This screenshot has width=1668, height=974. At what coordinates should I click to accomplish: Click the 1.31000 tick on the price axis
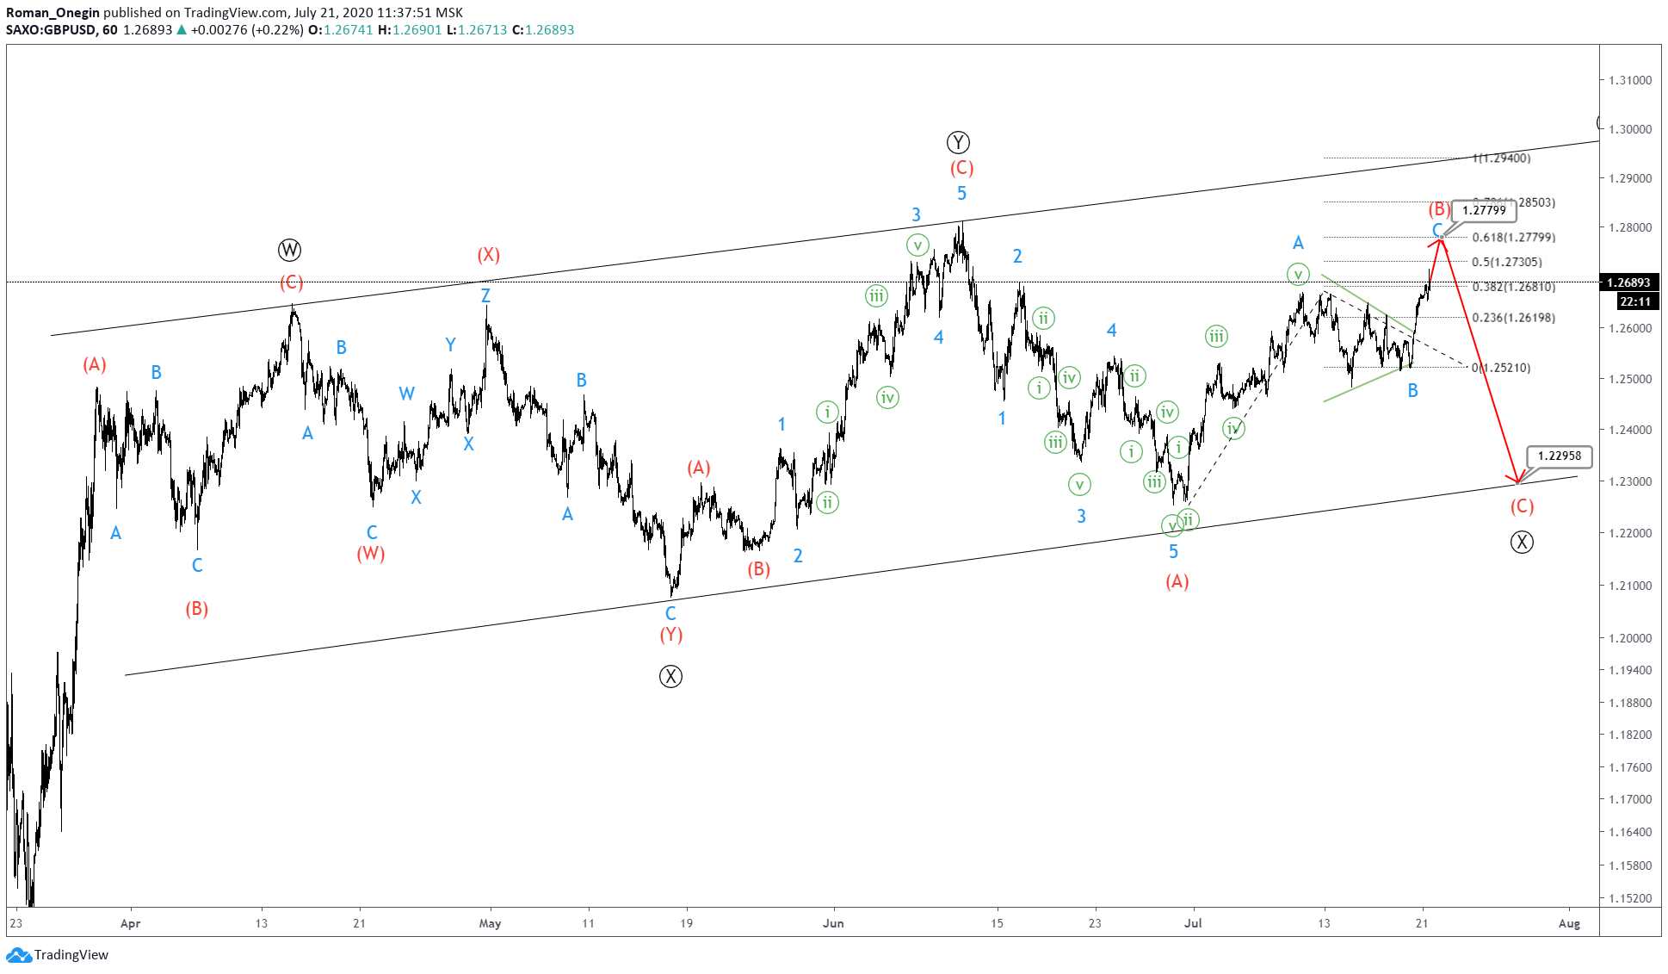tap(1630, 80)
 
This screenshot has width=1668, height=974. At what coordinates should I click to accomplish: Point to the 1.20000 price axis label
tap(1630, 638)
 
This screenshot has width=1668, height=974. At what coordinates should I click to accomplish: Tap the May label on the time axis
tap(490, 923)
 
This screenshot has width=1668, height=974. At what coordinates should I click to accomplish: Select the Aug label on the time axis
tap(1569, 923)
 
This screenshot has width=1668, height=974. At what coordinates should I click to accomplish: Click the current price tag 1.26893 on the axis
tap(1628, 282)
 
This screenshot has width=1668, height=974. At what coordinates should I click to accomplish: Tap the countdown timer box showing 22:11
tap(1634, 301)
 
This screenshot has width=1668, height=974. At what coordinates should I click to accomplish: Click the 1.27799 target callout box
tap(1484, 210)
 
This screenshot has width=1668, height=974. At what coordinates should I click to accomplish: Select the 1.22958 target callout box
tap(1559, 456)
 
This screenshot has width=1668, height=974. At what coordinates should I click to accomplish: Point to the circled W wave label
tap(290, 251)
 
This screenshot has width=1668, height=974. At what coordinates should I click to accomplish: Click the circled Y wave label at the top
tap(958, 142)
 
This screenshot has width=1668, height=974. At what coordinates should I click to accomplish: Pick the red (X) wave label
tap(489, 255)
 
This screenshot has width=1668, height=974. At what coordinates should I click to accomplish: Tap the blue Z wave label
tap(485, 295)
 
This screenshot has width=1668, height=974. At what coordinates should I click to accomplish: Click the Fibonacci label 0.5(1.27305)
tap(1506, 262)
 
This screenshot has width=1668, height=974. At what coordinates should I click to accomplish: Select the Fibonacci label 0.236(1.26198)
tap(1513, 318)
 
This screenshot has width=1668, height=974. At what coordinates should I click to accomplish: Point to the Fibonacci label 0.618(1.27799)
tap(1513, 238)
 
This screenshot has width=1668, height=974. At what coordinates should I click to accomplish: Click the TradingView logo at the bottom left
tap(58, 954)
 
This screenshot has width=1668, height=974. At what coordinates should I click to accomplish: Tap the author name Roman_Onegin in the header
tap(53, 12)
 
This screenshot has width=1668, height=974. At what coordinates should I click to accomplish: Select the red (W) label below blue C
tap(371, 553)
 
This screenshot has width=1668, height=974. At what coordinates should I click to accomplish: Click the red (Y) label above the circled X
tap(671, 635)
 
